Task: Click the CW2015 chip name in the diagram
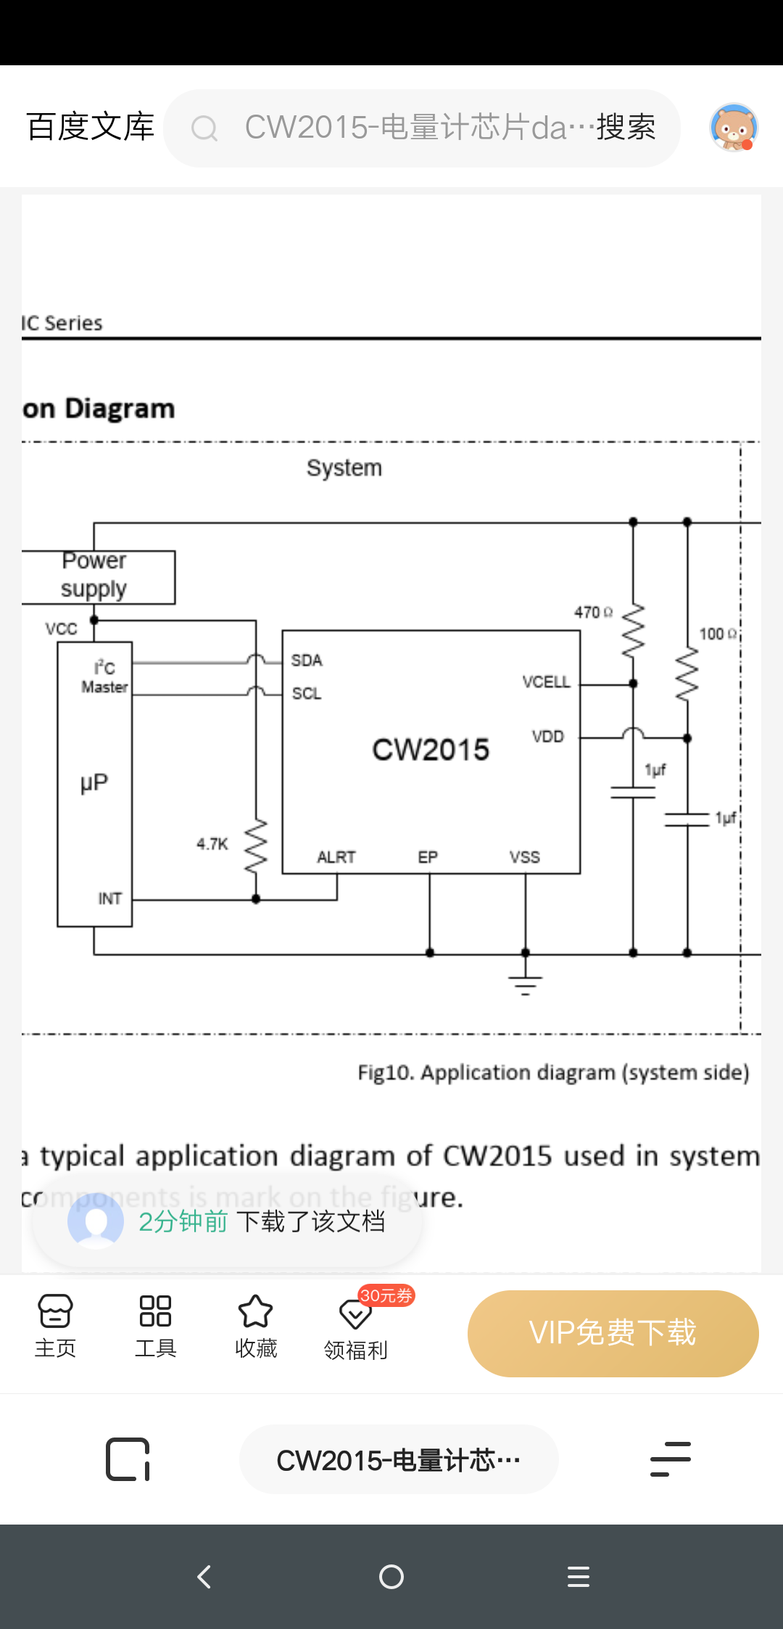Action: click(x=431, y=749)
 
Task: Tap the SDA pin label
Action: click(x=307, y=660)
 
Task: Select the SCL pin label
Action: click(x=307, y=693)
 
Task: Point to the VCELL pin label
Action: click(x=546, y=682)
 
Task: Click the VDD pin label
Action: click(x=547, y=736)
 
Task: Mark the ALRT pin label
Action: click(x=336, y=857)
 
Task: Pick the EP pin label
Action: click(x=428, y=857)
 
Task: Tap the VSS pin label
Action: click(x=525, y=857)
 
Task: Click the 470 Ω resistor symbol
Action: click(x=633, y=630)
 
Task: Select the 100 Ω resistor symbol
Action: click(x=687, y=675)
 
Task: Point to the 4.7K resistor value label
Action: click(x=212, y=844)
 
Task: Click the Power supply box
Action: click(x=98, y=577)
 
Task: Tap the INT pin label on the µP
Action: click(x=110, y=899)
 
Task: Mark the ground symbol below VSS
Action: click(x=526, y=983)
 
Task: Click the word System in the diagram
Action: click(x=344, y=468)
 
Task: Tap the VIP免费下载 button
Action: click(x=613, y=1333)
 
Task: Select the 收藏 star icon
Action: click(x=255, y=1311)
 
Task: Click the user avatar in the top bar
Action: click(x=734, y=128)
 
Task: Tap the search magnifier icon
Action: click(x=204, y=128)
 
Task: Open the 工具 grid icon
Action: click(x=155, y=1311)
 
